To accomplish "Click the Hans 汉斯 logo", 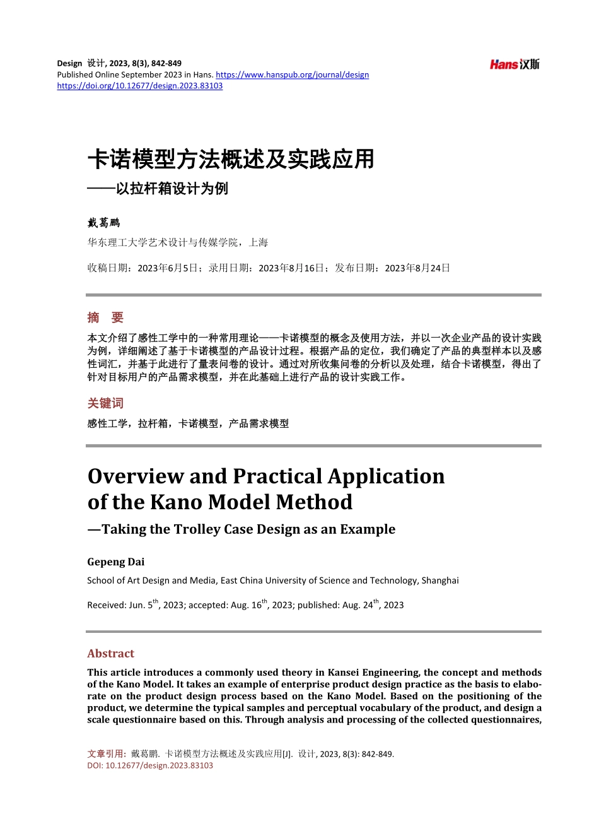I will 515,64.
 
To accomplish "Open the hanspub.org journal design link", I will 292,74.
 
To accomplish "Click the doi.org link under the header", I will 139,86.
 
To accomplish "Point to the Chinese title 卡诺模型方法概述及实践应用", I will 231,159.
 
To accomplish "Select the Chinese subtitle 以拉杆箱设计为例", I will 172,189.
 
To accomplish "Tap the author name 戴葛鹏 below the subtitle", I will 103,223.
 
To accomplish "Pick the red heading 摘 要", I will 105,317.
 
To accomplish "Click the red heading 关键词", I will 105,403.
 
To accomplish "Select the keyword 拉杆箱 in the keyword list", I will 153,423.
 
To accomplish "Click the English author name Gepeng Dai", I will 116,562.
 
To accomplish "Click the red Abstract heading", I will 111,653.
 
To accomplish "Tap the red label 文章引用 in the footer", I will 105,753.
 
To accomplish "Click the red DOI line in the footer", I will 150,765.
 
